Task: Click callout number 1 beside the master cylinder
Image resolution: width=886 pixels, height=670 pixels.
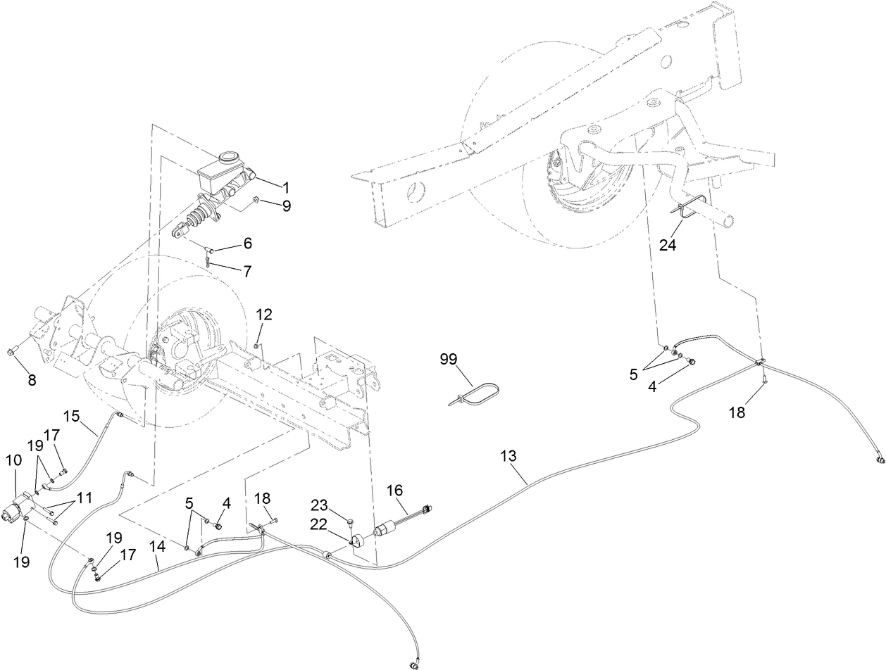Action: point(286,187)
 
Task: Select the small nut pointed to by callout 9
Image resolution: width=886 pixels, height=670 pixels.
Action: point(257,201)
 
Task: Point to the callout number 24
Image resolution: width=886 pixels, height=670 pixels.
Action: point(666,246)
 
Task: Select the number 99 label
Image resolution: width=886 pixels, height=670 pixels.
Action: point(449,360)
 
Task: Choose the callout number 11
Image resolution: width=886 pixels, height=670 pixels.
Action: point(85,498)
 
